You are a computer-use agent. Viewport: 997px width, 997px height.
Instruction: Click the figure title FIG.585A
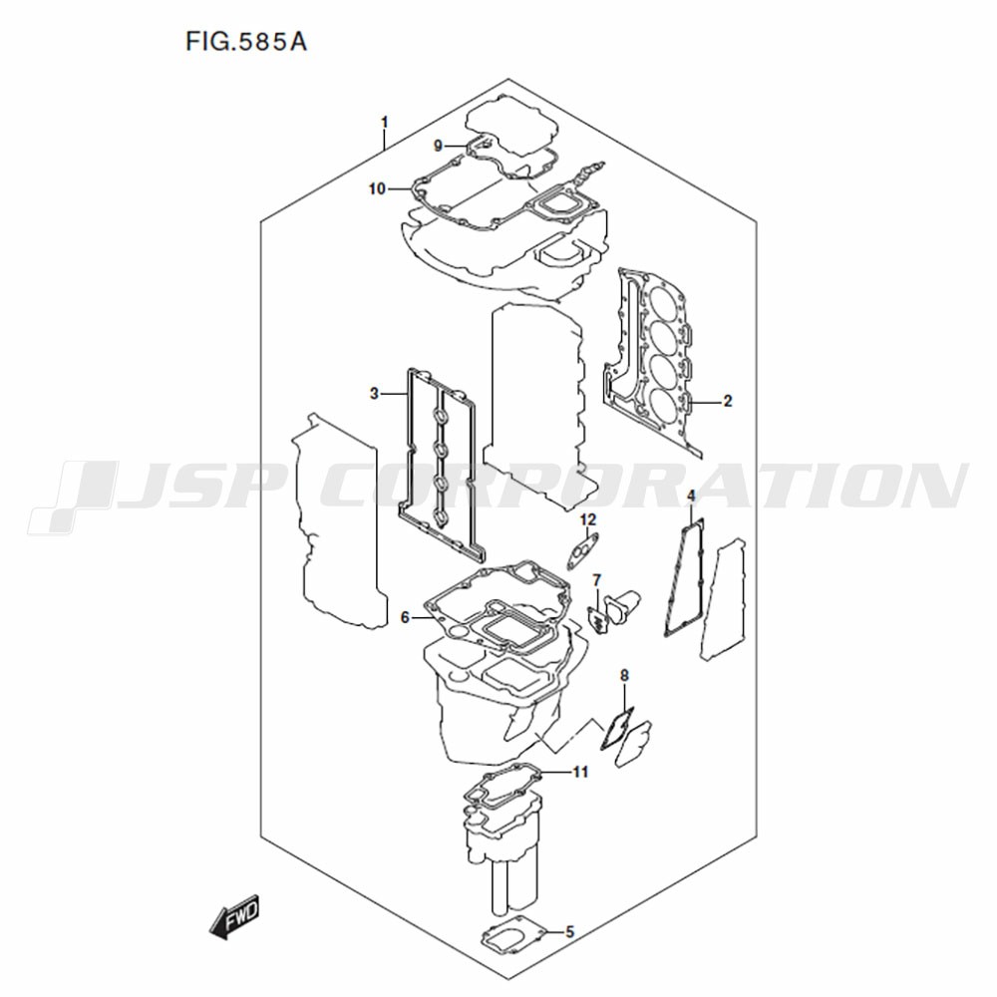246,42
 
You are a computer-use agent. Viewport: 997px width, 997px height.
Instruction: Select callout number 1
384,122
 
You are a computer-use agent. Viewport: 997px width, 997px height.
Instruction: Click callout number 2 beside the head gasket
728,401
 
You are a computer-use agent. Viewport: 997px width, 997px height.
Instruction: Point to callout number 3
375,394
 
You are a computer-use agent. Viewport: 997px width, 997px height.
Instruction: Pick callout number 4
691,496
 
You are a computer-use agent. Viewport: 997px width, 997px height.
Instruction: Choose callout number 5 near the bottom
569,931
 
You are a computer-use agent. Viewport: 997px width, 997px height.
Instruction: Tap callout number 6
405,617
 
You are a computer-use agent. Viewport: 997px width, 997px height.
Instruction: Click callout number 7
596,580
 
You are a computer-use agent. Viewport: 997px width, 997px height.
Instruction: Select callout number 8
624,675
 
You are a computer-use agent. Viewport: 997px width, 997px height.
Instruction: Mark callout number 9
438,146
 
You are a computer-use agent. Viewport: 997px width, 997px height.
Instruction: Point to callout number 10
378,188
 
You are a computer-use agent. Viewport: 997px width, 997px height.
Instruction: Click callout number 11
580,772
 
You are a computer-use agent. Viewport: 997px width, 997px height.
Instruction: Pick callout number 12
588,520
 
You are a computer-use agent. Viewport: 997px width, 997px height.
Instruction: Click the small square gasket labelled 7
597,618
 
